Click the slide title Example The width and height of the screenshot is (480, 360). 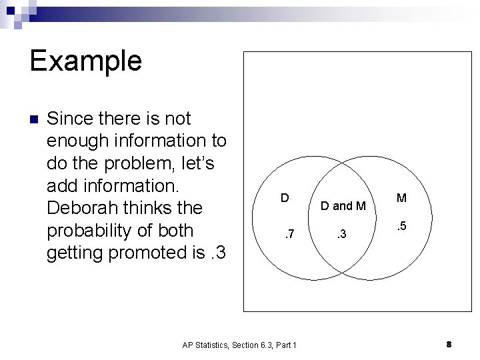(85, 60)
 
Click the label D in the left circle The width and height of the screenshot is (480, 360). (284, 198)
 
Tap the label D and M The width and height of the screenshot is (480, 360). (343, 206)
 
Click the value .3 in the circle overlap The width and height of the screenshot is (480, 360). (341, 234)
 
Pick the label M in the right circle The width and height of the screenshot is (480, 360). (401, 198)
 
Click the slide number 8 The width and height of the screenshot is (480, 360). (449, 344)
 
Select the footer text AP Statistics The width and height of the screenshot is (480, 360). (208, 345)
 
